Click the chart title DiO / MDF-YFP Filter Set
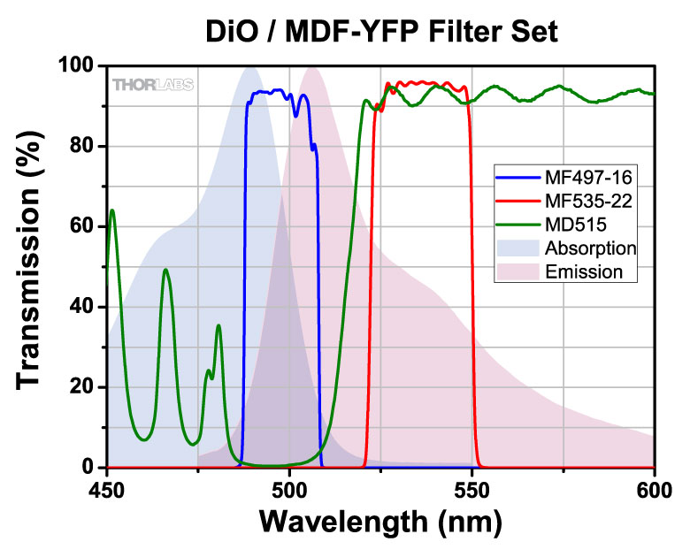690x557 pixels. [379, 33]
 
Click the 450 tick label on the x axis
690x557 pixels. [107, 487]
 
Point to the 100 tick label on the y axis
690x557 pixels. [77, 66]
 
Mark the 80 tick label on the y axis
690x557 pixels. [83, 147]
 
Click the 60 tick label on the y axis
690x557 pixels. [83, 227]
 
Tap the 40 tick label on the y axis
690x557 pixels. [83, 307]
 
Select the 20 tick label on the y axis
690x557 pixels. [83, 387]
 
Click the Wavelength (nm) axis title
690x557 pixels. [380, 522]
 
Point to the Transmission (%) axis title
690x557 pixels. [31, 265]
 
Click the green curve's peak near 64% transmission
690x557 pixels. [112, 210]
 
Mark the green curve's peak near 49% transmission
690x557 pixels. [165, 270]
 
